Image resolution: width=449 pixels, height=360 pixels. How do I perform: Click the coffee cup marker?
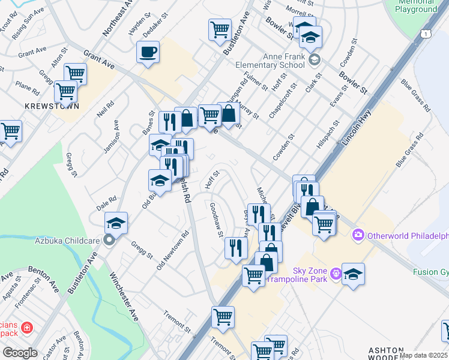[x=148, y=52]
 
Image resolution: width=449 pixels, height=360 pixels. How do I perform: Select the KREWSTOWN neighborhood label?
[x=44, y=105]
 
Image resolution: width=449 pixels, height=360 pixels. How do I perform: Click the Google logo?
[x=20, y=353]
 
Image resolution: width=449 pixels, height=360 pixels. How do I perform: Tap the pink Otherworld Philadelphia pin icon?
[x=359, y=234]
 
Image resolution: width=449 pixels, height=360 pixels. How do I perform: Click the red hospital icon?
[x=26, y=328]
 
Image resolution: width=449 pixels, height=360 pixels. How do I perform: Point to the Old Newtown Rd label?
[x=173, y=250]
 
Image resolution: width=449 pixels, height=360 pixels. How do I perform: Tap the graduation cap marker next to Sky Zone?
[x=354, y=274]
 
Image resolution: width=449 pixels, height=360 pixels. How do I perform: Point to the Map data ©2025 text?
[x=424, y=355]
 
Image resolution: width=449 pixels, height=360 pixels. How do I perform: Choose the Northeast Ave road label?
[x=117, y=17]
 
